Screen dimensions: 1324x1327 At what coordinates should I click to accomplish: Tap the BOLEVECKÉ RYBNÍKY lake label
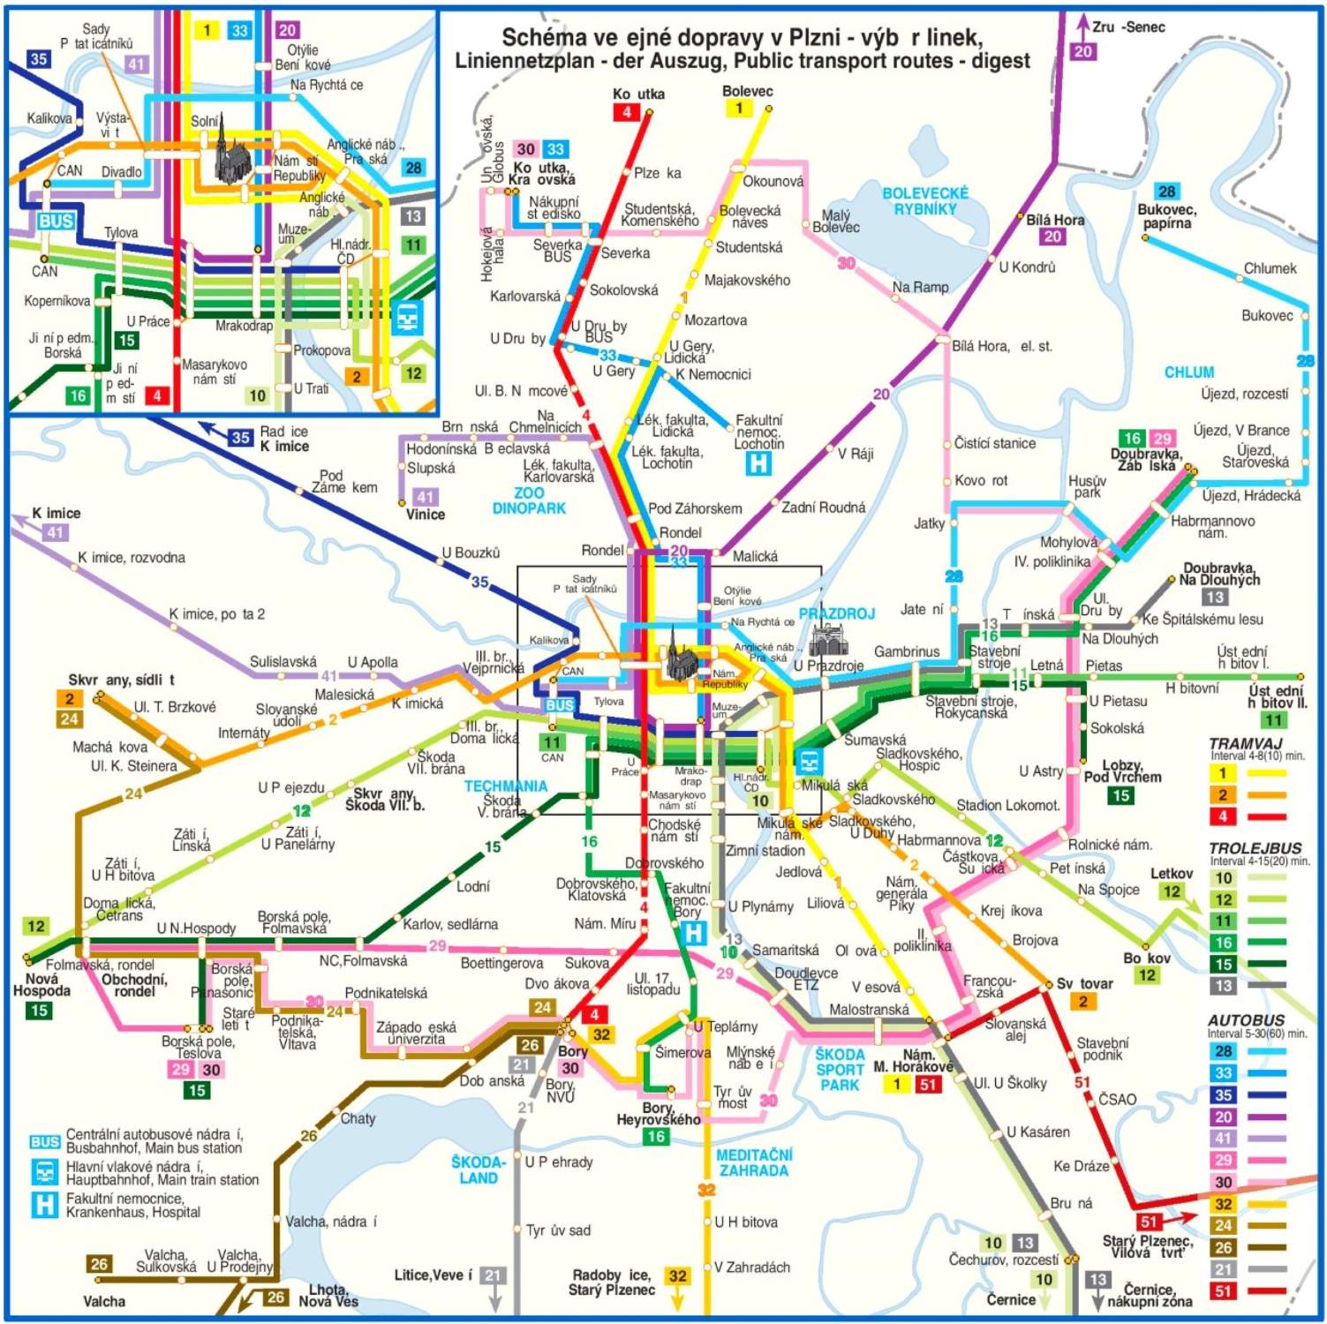[x=924, y=201]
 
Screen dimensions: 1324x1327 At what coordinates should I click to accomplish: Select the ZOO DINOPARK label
[x=528, y=500]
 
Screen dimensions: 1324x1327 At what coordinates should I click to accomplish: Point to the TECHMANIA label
[x=506, y=786]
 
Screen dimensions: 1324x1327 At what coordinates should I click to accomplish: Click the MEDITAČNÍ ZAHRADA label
[x=753, y=1162]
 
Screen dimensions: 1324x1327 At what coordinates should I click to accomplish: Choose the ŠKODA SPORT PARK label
[x=840, y=1069]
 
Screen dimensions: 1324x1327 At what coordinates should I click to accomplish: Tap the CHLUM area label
[x=1188, y=372]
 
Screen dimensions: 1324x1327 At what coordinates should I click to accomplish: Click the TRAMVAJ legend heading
[x=1244, y=743]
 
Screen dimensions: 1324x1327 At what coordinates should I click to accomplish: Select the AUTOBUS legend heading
[x=1246, y=1019]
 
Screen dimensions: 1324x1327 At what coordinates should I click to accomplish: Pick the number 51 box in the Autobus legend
[x=1223, y=1291]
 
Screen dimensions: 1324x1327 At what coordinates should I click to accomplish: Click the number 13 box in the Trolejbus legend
[x=1223, y=986]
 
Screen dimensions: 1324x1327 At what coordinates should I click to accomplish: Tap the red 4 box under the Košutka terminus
[x=626, y=112]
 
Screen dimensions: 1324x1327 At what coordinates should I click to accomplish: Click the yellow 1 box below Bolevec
[x=739, y=109]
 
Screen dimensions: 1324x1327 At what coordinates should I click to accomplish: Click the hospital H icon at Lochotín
[x=758, y=463]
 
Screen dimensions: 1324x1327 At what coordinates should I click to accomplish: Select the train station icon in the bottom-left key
[x=44, y=1172]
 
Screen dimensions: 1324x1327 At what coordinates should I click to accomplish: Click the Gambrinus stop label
[x=906, y=651]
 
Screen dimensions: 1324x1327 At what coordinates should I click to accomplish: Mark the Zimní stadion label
[x=765, y=851]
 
